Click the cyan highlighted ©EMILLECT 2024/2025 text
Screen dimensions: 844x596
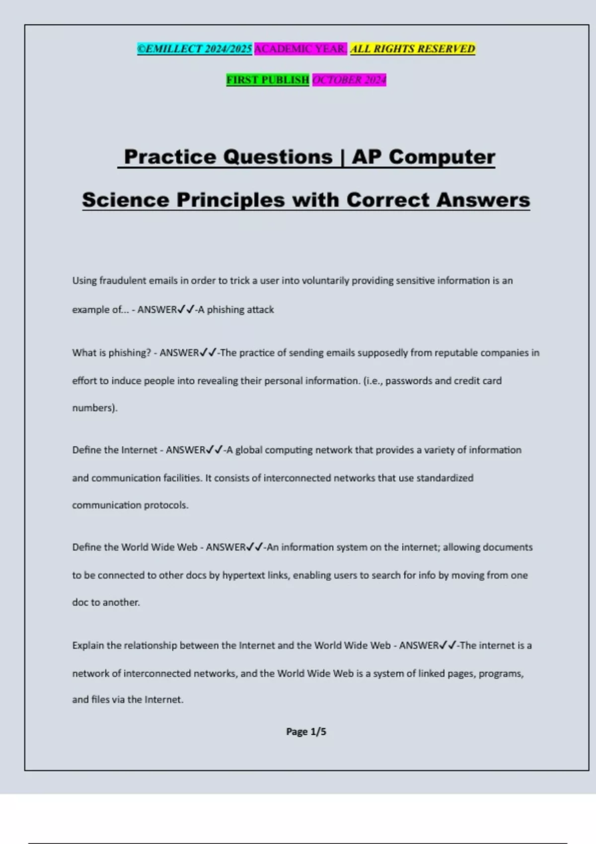click(194, 49)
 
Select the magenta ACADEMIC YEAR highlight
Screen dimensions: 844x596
click(300, 49)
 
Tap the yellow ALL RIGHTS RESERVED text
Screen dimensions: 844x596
click(413, 49)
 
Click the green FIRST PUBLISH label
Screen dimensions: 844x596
click(268, 79)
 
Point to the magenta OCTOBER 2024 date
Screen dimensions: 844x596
click(349, 79)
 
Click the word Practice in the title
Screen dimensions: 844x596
click(177, 157)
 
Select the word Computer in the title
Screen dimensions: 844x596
click(442, 157)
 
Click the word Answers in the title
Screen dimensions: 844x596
click(483, 200)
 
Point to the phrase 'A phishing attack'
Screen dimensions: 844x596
click(236, 310)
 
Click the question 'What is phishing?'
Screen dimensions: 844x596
click(111, 352)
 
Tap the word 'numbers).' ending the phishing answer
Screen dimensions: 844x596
click(95, 408)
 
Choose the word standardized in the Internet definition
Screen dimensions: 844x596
click(445, 478)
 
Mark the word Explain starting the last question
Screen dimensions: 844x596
click(88, 645)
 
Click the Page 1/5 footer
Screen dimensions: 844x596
click(306, 731)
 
